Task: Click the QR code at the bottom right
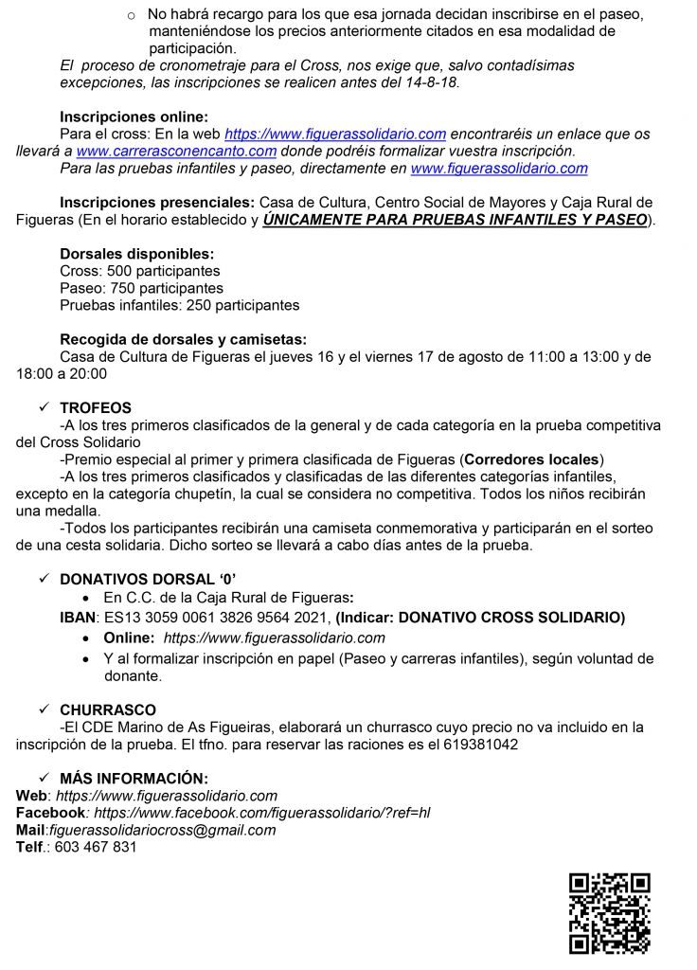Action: pyautogui.click(x=609, y=912)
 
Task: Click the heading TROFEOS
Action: pyautogui.click(x=96, y=407)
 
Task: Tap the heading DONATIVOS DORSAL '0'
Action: pyautogui.click(x=143, y=578)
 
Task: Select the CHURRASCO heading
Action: pyautogui.click(x=108, y=709)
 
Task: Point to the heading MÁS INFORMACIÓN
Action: pyautogui.click(x=133, y=777)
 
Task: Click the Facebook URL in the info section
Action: pyautogui.click(x=262, y=813)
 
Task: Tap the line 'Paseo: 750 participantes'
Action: pyautogui.click(x=141, y=288)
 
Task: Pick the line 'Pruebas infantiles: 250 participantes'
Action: pyautogui.click(x=179, y=305)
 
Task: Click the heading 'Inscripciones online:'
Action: pyautogui.click(x=132, y=117)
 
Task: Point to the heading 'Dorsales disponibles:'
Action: pyautogui.click(x=136, y=254)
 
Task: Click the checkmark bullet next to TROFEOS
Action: pyautogui.click(x=43, y=407)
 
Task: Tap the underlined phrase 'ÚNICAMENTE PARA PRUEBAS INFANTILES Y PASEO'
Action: pyautogui.click(x=456, y=220)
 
